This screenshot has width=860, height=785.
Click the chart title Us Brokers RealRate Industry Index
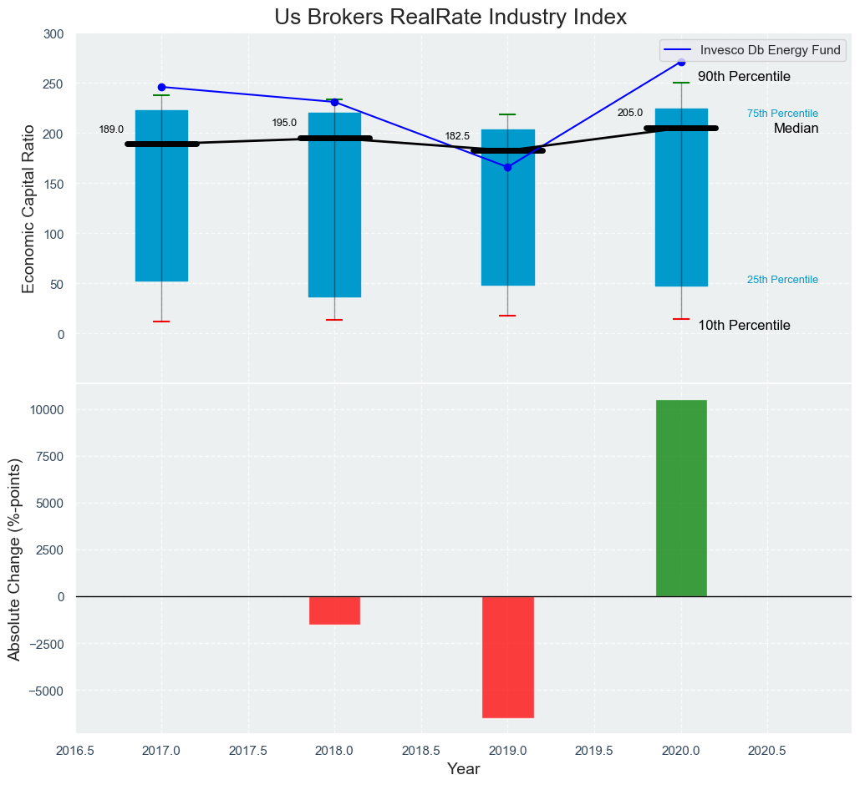(x=450, y=17)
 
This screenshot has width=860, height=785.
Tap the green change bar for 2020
(x=681, y=498)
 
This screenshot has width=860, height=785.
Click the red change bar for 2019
(x=507, y=656)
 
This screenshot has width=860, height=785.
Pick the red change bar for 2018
(x=334, y=610)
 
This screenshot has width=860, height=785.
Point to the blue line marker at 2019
(x=507, y=167)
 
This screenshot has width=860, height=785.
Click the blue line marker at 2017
(x=161, y=87)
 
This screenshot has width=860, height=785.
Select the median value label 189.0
(x=111, y=129)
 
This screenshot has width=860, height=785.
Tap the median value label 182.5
(x=457, y=136)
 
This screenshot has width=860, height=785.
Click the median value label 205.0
(x=630, y=113)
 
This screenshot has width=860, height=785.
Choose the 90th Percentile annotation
(x=744, y=77)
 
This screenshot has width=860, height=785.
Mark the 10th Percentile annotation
(x=744, y=326)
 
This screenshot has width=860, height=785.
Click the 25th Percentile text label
(x=782, y=280)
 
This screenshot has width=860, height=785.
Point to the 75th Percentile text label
(x=782, y=114)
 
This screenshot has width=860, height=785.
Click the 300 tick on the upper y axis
(x=53, y=34)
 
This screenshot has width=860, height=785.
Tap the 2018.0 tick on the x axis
(x=334, y=751)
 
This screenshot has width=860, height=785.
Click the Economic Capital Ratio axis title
(x=28, y=209)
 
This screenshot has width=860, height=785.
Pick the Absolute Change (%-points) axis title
(x=15, y=560)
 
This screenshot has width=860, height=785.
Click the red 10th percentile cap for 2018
(x=334, y=320)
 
